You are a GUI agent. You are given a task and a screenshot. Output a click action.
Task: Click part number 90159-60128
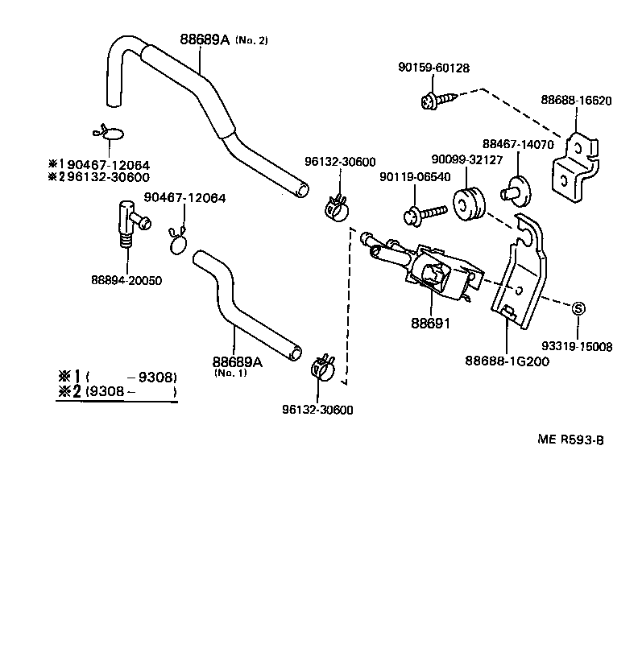click(x=433, y=69)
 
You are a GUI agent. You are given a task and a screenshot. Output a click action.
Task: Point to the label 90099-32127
click(x=466, y=159)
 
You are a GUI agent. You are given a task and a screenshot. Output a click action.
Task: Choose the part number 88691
click(x=429, y=324)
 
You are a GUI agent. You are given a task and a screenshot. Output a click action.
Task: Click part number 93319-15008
click(x=577, y=347)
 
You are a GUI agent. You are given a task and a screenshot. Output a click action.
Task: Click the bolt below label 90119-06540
click(x=424, y=213)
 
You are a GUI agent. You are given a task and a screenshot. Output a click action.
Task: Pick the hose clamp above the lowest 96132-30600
click(x=321, y=369)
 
